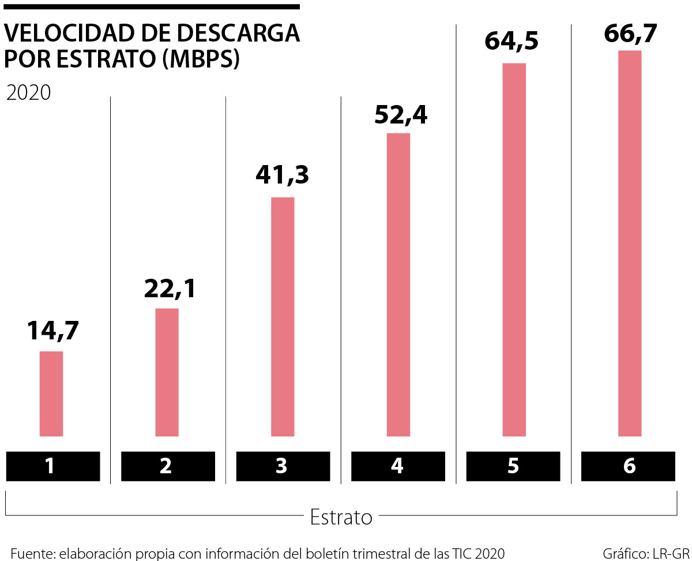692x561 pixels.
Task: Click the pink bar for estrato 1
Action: pos(51,394)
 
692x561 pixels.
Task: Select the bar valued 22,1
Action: pos(167,372)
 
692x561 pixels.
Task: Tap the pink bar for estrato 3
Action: pos(283,316)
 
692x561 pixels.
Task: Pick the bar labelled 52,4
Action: pos(398,285)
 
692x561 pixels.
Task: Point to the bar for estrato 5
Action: pos(514,249)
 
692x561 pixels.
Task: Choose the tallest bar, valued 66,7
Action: pos(630,243)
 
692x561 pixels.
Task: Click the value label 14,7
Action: pos(52,331)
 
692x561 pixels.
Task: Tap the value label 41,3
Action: pos(283,175)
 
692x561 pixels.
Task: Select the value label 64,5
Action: pos(512,42)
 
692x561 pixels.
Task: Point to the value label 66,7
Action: pos(630,33)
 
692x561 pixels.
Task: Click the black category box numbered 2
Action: pos(167,466)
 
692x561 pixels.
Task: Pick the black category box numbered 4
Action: pos(398,466)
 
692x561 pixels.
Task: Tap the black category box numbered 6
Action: pos(629,466)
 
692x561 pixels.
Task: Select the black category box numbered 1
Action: pos(52,466)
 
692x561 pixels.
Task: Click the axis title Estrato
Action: pos(341,517)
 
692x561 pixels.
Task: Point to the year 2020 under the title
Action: pos(28,93)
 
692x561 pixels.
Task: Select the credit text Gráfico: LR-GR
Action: pos(646,553)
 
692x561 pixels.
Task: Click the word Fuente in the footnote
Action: pos(31,553)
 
